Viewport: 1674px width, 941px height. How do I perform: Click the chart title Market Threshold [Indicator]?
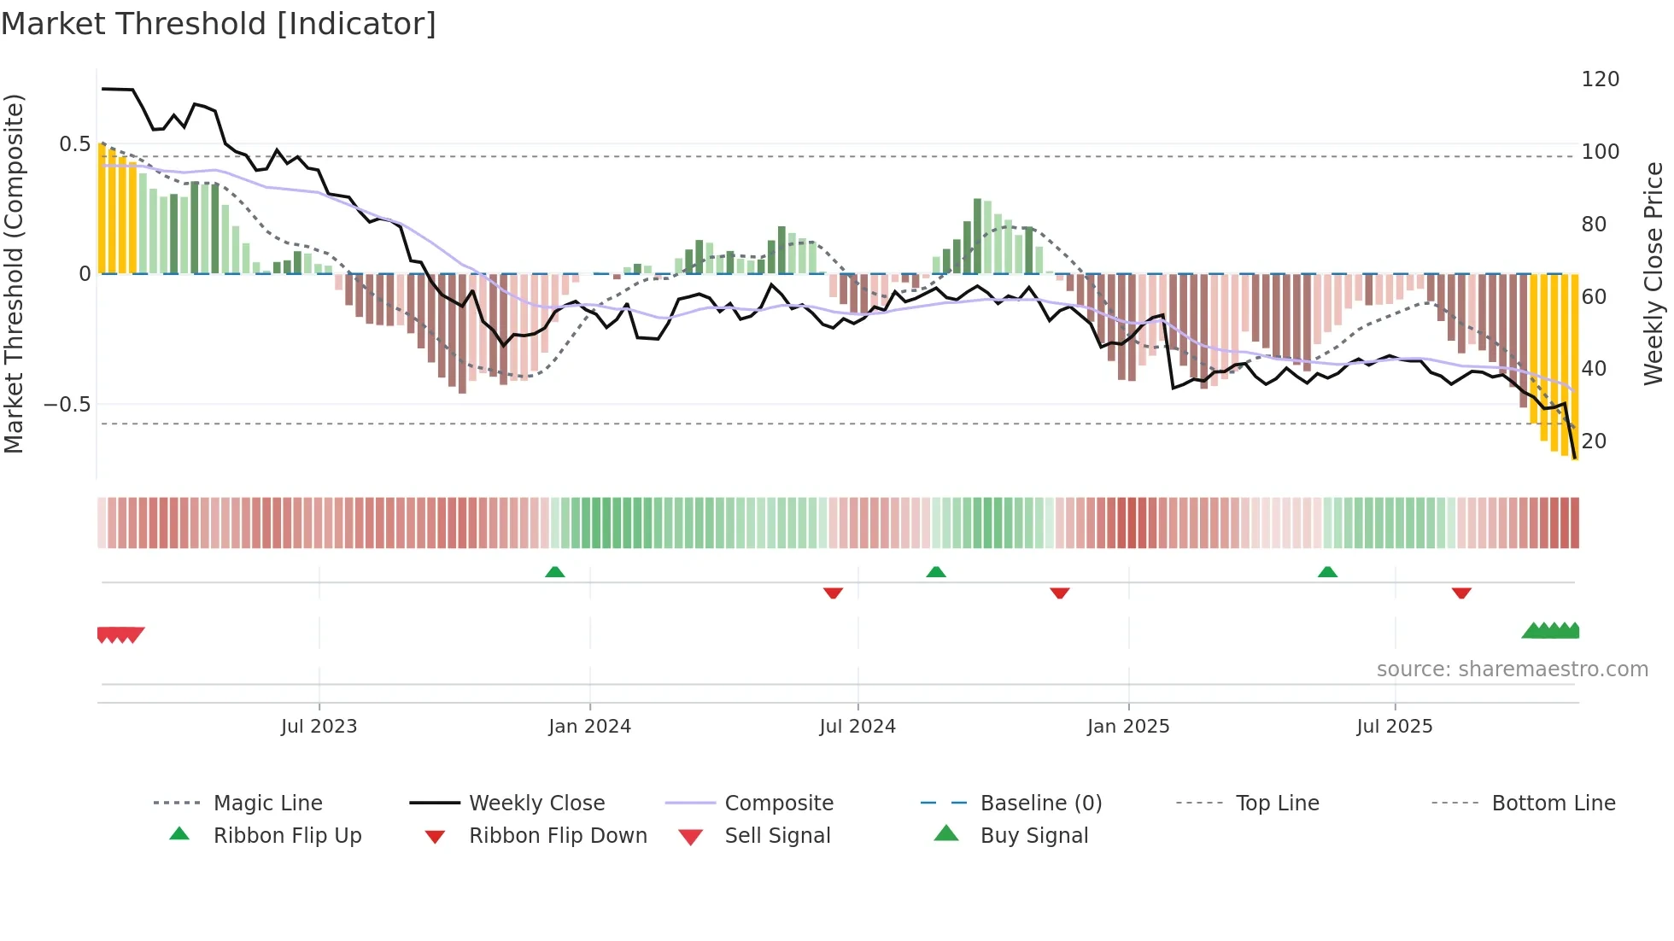tap(219, 24)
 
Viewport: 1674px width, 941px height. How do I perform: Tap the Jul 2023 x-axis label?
tap(319, 727)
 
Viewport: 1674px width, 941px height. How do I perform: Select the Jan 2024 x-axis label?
tap(589, 727)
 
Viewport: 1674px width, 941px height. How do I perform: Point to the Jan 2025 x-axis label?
tap(1128, 727)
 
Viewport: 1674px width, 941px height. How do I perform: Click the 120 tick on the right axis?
tap(1600, 79)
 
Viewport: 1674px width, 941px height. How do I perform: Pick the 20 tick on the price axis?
tap(1594, 441)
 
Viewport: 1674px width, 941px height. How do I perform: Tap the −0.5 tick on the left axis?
tap(67, 405)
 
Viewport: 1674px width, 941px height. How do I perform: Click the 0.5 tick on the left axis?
tap(74, 144)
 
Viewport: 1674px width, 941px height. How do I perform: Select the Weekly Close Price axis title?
tap(1654, 273)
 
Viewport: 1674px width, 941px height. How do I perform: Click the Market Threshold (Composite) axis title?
tap(14, 273)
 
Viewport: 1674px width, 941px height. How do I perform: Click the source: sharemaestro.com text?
tap(1512, 669)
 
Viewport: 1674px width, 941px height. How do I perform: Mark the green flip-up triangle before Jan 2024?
tap(555, 572)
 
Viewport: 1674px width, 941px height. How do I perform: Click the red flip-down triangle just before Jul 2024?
tap(833, 593)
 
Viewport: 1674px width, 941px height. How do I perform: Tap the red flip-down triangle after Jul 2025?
tap(1461, 593)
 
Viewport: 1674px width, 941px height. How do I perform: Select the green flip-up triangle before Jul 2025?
tap(1327, 572)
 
